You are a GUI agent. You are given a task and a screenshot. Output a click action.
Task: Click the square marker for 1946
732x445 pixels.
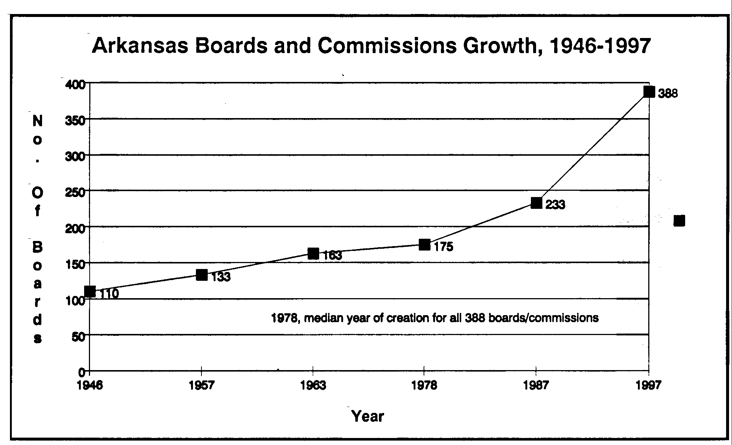[x=90, y=291]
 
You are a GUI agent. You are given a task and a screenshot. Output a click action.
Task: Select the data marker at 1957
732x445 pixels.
[x=202, y=275]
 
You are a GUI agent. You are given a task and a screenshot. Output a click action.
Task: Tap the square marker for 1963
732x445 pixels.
[x=313, y=253]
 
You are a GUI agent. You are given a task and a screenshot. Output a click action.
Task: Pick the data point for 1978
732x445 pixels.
[x=425, y=245]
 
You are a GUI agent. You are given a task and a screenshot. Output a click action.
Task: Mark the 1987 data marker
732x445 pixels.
[x=536, y=203]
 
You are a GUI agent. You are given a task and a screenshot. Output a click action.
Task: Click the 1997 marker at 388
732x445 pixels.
[x=649, y=92]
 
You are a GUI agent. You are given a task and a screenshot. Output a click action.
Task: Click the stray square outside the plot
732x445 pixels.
[x=679, y=221]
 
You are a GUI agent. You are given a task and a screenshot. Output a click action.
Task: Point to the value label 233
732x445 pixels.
[x=555, y=205]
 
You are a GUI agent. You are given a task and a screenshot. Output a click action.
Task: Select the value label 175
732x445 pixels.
[x=443, y=247]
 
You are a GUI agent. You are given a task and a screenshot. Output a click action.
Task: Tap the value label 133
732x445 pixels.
[x=221, y=277]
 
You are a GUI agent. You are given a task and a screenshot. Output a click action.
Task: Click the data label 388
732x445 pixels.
[x=668, y=94]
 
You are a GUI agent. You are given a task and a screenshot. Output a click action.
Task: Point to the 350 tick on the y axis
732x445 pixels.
[x=75, y=120]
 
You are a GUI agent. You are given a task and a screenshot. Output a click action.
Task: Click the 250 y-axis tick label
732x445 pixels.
[x=75, y=192]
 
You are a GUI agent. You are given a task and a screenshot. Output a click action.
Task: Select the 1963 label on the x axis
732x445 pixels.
[x=313, y=386]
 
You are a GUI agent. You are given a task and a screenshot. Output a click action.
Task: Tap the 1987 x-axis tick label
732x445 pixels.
[x=536, y=386]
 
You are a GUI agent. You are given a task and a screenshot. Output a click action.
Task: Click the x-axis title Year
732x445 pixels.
[x=368, y=416]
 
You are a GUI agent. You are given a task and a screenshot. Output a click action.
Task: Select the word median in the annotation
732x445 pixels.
[x=324, y=318]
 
